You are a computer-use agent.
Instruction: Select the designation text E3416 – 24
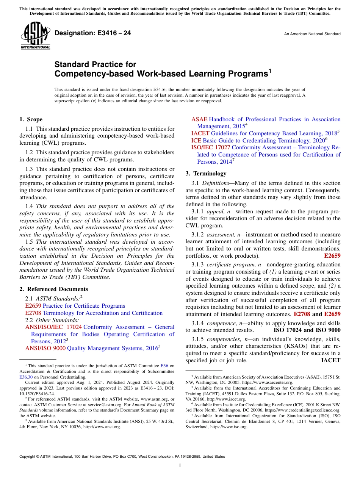click(x=93, y=33)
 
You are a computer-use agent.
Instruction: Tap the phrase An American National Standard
click(x=312, y=34)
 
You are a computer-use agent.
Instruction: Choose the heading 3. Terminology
click(x=206, y=174)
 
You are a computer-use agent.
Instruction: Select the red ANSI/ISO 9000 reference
click(x=45, y=348)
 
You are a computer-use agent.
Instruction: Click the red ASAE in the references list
click(x=199, y=119)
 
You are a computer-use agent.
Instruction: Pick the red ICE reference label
click(x=196, y=140)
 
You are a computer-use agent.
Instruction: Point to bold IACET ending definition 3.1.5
click(x=330, y=361)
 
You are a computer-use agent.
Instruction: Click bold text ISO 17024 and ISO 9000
click(x=307, y=330)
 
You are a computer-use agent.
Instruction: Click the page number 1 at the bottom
click(x=180, y=465)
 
